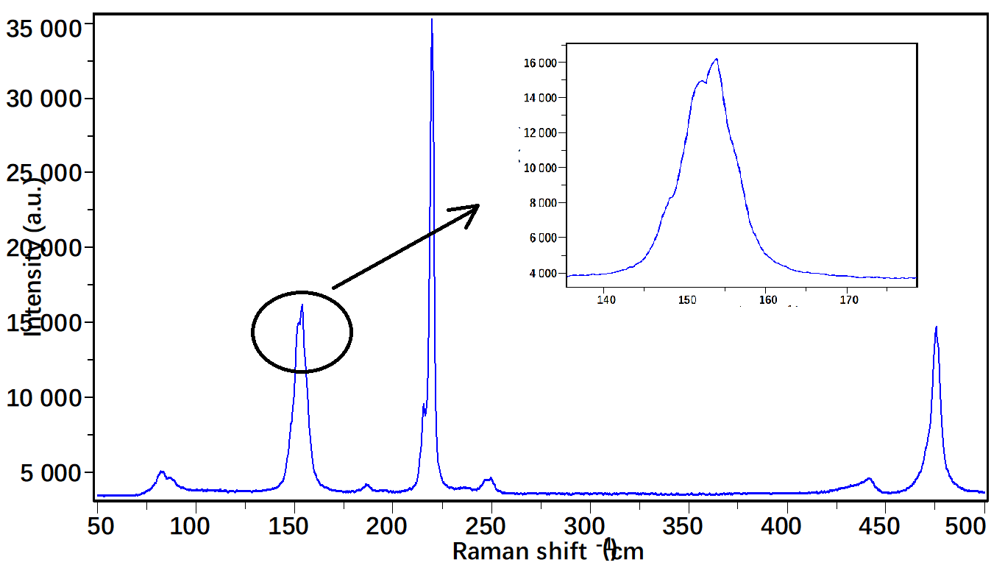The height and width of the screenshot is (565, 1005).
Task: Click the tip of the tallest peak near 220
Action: tap(432, 20)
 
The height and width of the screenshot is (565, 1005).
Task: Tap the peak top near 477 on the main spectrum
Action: tap(936, 327)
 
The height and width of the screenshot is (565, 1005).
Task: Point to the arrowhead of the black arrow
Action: tap(477, 206)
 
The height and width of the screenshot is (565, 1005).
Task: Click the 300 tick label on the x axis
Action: tap(589, 526)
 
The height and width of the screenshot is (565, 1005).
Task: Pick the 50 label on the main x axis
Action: tap(99, 526)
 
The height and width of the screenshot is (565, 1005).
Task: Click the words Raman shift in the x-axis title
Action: tap(519, 550)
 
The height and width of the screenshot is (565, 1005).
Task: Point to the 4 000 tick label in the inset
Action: tap(542, 274)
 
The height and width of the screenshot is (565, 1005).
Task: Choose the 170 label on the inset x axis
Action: tap(848, 299)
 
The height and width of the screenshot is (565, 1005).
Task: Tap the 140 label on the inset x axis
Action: tap(606, 299)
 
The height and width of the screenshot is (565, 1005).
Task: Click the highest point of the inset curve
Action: tap(716, 60)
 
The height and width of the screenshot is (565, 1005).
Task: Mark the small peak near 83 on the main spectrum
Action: tap(161, 472)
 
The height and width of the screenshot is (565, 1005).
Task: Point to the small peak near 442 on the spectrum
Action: tap(869, 478)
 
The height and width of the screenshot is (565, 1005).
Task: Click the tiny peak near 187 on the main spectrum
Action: tap(367, 485)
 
